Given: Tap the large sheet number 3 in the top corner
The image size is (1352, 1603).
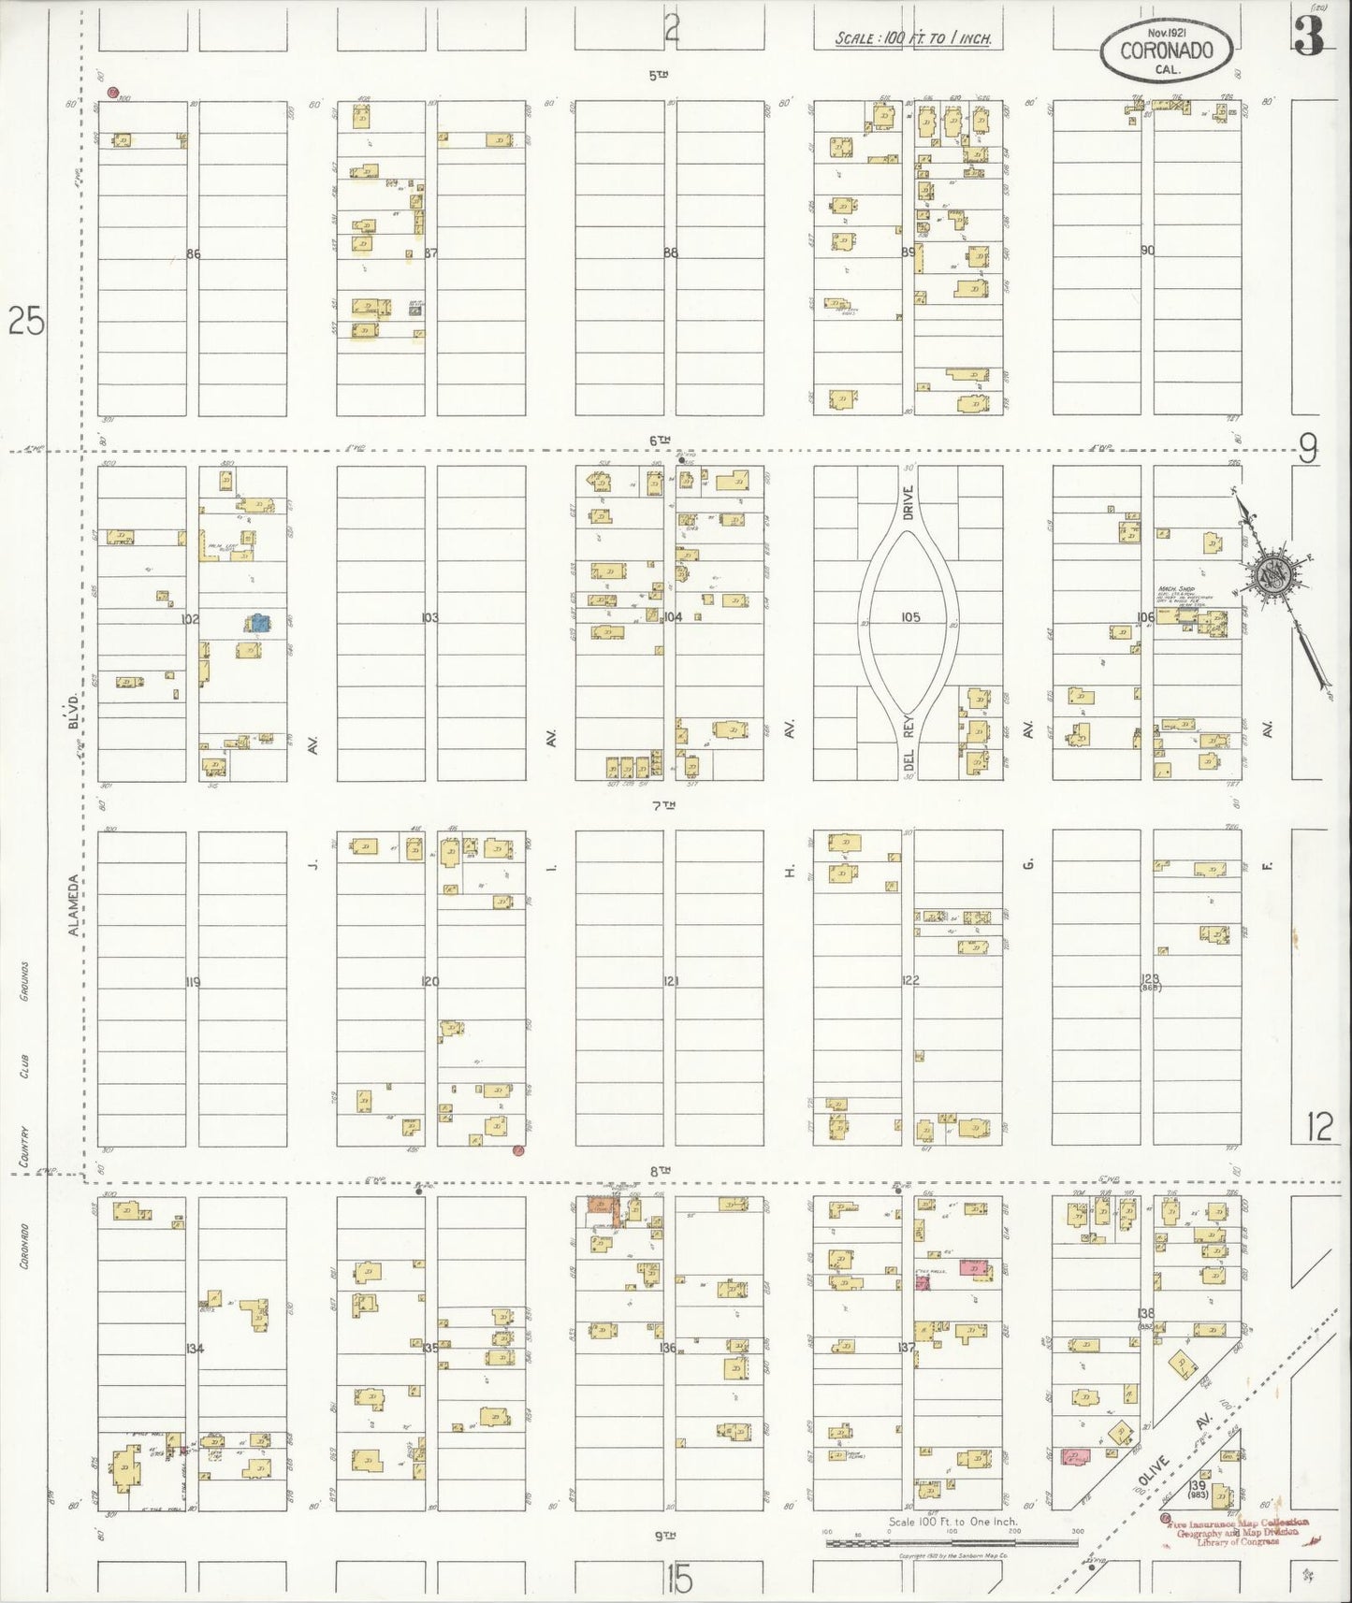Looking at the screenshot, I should (1309, 37).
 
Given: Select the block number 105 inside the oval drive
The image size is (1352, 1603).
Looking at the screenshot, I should (910, 617).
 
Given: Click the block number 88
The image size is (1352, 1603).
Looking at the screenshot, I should (670, 253).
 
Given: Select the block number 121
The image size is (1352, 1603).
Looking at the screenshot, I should (670, 981).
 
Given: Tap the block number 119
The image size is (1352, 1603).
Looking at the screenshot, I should (193, 982).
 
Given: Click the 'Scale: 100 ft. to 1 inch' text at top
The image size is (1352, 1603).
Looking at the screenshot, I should (913, 40).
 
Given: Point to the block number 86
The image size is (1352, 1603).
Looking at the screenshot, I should (194, 253).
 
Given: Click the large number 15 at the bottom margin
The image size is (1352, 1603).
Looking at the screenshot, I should (680, 1581).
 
